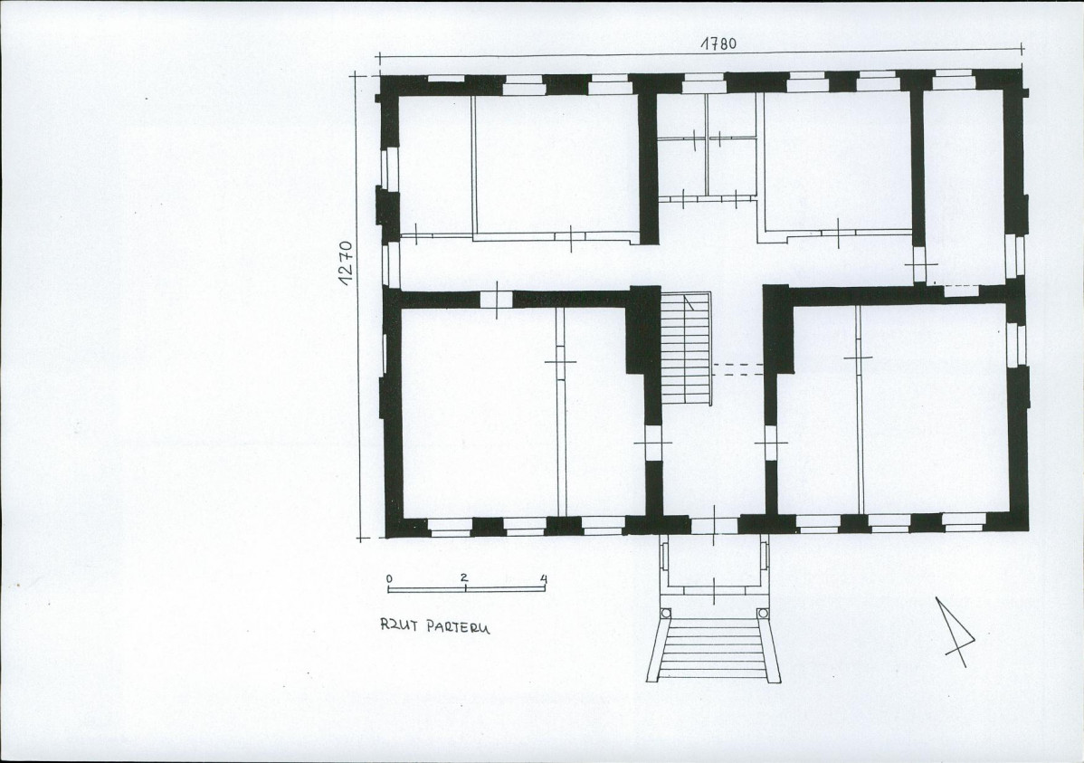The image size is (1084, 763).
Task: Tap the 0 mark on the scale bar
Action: (389, 577)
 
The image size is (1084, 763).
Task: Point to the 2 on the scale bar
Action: (464, 577)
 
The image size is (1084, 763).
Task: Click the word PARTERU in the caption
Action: (457, 627)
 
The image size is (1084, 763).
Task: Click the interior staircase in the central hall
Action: (687, 348)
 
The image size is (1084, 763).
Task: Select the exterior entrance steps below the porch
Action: (714, 651)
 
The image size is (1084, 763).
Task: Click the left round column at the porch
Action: (666, 613)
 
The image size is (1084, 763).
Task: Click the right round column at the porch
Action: (763, 613)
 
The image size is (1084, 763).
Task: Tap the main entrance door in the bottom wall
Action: (713, 525)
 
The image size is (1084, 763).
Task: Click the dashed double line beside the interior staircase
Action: (737, 369)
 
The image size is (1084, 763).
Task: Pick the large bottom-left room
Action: (515, 412)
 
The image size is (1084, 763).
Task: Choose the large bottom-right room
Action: (892, 408)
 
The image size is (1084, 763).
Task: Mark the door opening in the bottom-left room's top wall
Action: (497, 300)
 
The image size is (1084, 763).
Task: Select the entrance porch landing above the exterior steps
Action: (714, 565)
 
